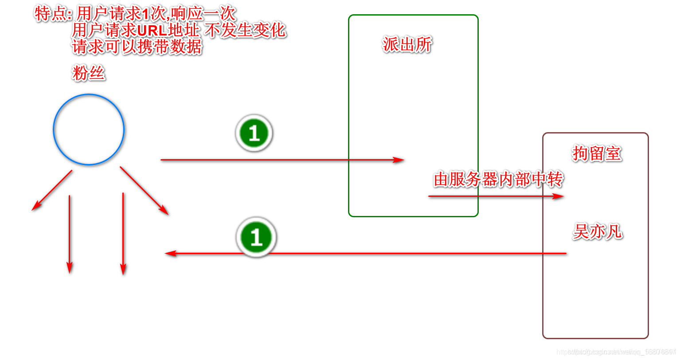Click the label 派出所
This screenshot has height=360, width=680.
click(x=407, y=44)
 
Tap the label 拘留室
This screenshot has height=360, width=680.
click(x=597, y=153)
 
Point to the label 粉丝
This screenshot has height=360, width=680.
click(x=89, y=73)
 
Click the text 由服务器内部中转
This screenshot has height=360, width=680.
click(x=498, y=180)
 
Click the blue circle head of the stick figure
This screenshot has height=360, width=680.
click(x=89, y=129)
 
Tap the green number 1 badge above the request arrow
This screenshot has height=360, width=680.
click(x=254, y=133)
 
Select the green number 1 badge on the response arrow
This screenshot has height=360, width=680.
click(x=256, y=237)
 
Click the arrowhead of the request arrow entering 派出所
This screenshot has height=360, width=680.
click(x=399, y=160)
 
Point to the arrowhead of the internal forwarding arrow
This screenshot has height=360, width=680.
click(x=558, y=196)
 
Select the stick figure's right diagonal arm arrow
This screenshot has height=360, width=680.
click(x=145, y=191)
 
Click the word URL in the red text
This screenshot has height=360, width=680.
click(x=152, y=31)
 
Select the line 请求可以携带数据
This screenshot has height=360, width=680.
click(x=137, y=47)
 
